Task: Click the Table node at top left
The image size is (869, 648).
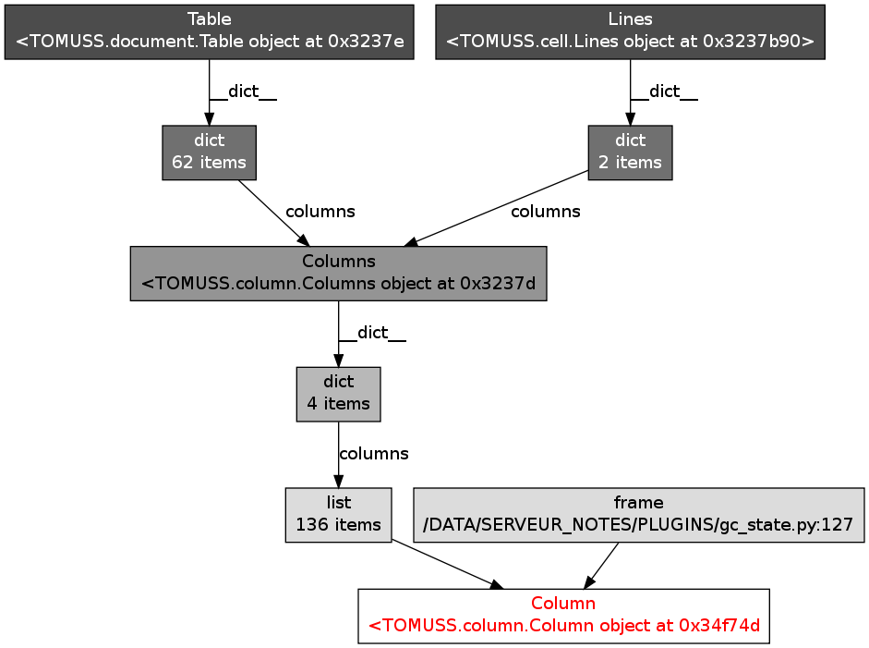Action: pos(209,32)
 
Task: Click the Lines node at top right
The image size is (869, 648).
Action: pos(630,32)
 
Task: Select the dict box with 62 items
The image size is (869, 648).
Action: pos(209,153)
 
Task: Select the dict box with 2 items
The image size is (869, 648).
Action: pos(630,153)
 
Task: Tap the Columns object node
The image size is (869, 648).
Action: pos(338,273)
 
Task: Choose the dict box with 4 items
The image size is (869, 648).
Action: pos(338,394)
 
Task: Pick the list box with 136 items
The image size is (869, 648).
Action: pos(338,515)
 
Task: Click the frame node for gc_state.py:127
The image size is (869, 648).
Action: pos(638,515)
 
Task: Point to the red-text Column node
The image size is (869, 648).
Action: pos(563,616)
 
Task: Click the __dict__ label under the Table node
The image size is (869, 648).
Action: pos(244,92)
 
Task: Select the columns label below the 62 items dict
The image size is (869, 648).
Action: pos(320,212)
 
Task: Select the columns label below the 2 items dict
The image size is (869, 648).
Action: pos(545,212)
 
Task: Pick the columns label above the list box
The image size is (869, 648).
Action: pos(373,454)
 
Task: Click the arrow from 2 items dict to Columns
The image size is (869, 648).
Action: pos(499,208)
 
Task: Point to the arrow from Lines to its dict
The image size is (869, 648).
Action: pos(630,92)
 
